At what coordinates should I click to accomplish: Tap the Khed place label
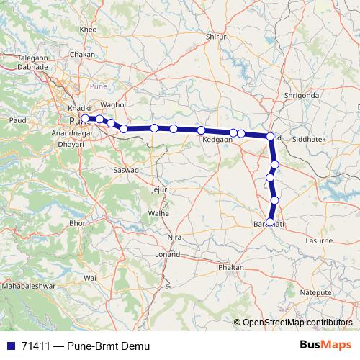(89, 29)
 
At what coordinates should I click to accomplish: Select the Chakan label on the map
(84, 54)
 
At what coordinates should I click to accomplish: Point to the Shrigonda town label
(301, 95)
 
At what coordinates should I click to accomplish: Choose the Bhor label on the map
(77, 224)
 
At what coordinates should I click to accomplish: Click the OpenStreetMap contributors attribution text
(297, 323)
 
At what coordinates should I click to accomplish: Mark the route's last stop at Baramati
(270, 222)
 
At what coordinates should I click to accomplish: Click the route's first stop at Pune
(85, 118)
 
